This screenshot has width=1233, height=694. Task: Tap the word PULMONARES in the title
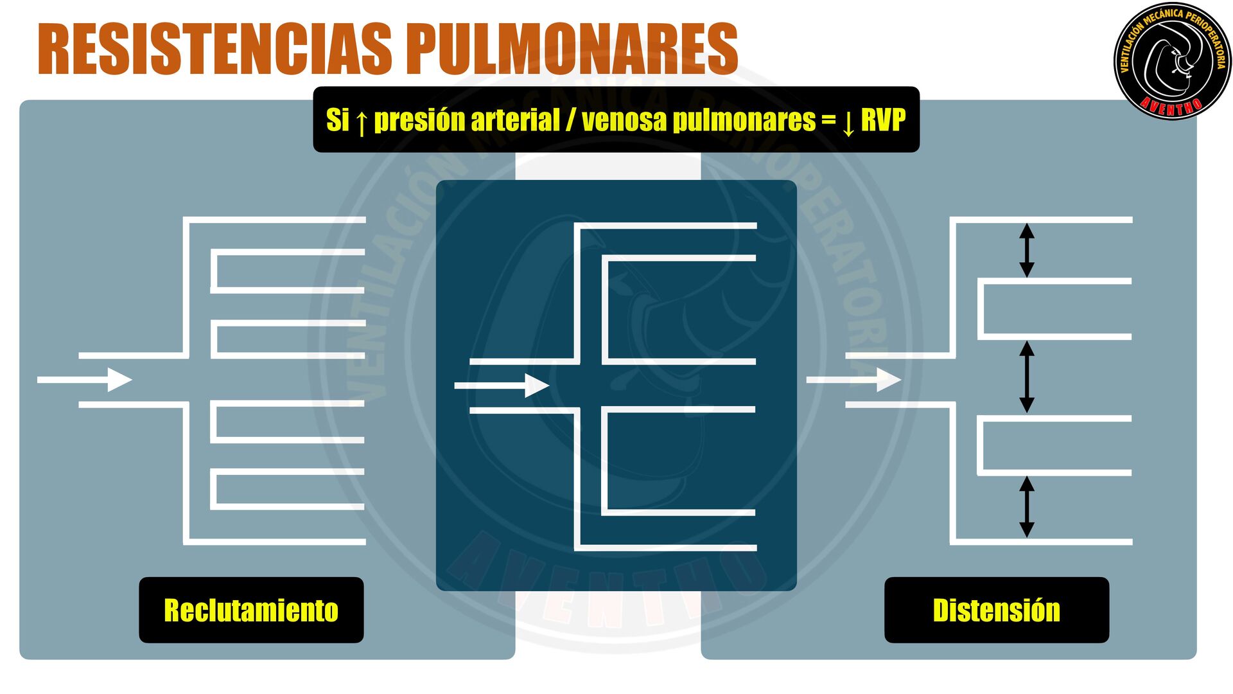(x=572, y=49)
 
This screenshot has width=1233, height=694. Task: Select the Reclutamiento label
(x=251, y=610)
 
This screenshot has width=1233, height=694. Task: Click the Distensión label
(x=996, y=610)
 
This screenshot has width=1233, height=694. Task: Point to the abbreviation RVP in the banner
(x=883, y=120)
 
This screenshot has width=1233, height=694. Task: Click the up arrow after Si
(x=362, y=121)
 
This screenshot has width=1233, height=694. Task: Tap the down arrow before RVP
(x=848, y=121)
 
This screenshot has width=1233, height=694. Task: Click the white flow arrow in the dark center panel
(x=502, y=386)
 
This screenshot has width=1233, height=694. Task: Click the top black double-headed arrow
(x=1027, y=250)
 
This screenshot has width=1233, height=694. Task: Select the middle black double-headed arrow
(x=1027, y=377)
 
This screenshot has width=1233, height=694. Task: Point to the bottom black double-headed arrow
(x=1027, y=506)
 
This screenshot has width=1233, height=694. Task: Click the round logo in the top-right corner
(x=1172, y=61)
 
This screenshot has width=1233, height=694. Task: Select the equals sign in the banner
(x=828, y=120)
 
